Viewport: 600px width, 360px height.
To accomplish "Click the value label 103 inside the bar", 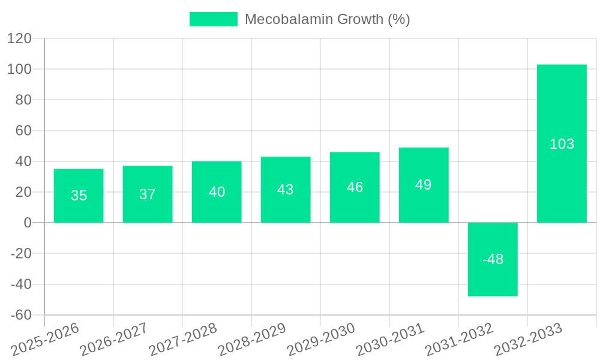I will click(562, 144).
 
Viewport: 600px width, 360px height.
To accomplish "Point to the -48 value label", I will click(493, 259).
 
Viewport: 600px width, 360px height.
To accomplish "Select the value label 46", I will click(355, 187).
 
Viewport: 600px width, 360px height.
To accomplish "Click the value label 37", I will click(148, 194).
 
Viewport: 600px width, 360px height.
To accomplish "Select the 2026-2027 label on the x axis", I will click(113, 339).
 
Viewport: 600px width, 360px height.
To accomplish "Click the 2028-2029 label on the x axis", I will click(251, 339).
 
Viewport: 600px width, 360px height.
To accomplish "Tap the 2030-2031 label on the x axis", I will click(389, 339).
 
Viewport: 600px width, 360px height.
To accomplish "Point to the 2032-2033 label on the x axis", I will click(527, 339).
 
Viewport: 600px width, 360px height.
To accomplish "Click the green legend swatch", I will click(214, 19).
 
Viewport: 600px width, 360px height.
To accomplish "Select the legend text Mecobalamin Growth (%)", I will click(327, 19).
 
